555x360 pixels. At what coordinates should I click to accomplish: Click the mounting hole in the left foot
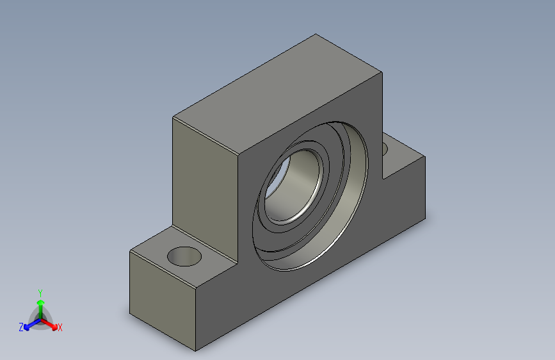pyautogui.click(x=184, y=256)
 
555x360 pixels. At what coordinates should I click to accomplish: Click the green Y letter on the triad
pyautogui.click(x=40, y=291)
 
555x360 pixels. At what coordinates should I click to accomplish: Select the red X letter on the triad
pyautogui.click(x=60, y=327)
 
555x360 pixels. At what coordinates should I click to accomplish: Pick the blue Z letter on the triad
pyautogui.click(x=21, y=327)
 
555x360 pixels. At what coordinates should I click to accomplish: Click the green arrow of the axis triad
pyautogui.click(x=40, y=304)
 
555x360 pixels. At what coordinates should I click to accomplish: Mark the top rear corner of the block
pyautogui.click(x=315, y=35)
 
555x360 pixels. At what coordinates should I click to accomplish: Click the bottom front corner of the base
pyautogui.click(x=195, y=351)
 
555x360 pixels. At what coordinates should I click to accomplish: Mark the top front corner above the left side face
pyautogui.click(x=173, y=117)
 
